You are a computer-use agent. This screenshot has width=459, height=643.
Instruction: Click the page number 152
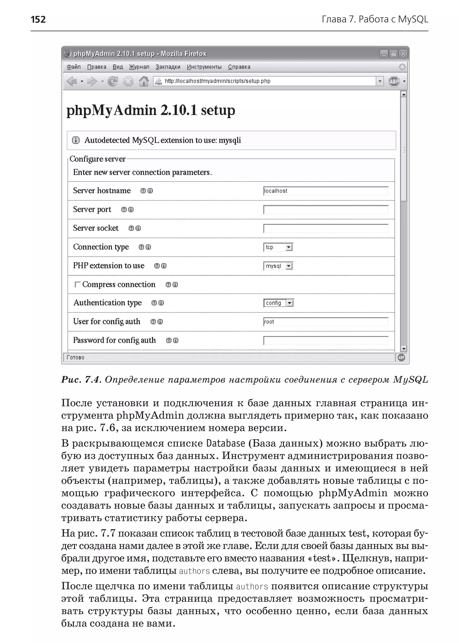(38, 19)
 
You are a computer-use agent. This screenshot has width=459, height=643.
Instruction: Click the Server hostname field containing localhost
(325, 191)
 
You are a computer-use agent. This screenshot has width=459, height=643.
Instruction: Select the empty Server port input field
(325, 210)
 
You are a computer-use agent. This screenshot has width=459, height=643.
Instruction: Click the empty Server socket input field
(325, 228)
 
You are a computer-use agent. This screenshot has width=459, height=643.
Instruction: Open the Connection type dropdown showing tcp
(278, 247)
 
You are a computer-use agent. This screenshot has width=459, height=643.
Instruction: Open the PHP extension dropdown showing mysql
(278, 266)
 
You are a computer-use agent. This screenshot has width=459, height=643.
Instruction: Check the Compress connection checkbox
(77, 285)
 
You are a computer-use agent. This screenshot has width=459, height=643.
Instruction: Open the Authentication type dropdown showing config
(279, 303)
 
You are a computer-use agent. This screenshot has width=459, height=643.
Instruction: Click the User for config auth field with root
(325, 322)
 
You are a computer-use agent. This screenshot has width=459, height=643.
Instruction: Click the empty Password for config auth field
(325, 341)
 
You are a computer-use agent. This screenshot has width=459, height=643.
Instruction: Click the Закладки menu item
(168, 67)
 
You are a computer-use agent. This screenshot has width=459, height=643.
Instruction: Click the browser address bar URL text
(217, 81)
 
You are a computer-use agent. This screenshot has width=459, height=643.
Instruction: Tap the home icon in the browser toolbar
(144, 81)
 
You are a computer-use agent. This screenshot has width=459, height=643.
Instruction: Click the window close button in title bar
(403, 54)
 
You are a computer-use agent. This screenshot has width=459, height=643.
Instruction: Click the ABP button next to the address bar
(394, 81)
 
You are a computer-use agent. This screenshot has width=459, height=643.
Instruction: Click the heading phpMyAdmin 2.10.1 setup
(150, 110)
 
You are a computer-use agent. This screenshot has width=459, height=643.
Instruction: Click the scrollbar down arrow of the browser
(404, 349)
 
